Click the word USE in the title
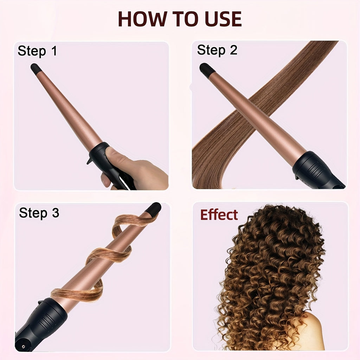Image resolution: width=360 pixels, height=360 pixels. tap(223, 19)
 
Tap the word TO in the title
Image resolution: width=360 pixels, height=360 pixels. tap(186, 19)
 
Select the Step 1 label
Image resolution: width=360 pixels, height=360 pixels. tap(37, 51)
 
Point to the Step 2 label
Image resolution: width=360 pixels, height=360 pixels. tap(217, 50)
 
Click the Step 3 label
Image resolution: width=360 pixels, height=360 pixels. tap(39, 213)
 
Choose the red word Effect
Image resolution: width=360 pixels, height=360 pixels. tap(219, 215)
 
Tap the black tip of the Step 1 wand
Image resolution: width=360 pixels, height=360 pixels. tap(35, 68)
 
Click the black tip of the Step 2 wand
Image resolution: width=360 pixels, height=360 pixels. tap(206, 69)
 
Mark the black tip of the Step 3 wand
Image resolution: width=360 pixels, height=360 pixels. tap(153, 208)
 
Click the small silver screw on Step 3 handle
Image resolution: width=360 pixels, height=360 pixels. tap(23, 346)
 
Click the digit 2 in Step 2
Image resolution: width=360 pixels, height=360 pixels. tap(233, 50)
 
